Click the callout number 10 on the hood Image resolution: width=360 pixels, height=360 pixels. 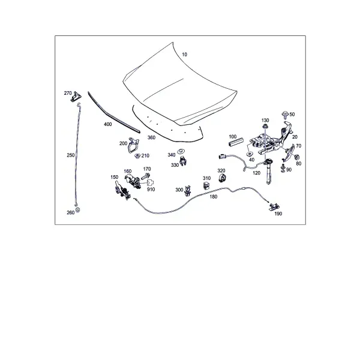(184, 55)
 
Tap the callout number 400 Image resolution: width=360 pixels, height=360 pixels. (107, 124)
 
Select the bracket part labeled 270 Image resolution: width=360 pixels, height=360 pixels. (76, 97)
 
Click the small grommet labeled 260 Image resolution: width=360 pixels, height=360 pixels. (77, 210)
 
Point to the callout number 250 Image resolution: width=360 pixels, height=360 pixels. (71, 155)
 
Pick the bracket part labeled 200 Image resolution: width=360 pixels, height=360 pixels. (133, 145)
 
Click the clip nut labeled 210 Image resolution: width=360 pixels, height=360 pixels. (137, 156)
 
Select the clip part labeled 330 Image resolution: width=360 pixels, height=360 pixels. (183, 161)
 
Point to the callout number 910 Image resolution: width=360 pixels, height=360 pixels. (151, 190)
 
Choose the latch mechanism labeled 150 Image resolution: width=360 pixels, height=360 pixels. (122, 190)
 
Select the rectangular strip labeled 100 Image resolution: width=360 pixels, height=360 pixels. (236, 142)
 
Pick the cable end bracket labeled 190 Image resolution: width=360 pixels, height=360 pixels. (274, 206)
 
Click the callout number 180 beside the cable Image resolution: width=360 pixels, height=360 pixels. (213, 197)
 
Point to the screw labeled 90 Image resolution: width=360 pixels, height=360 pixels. (283, 168)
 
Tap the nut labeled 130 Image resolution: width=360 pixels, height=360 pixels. (265, 127)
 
